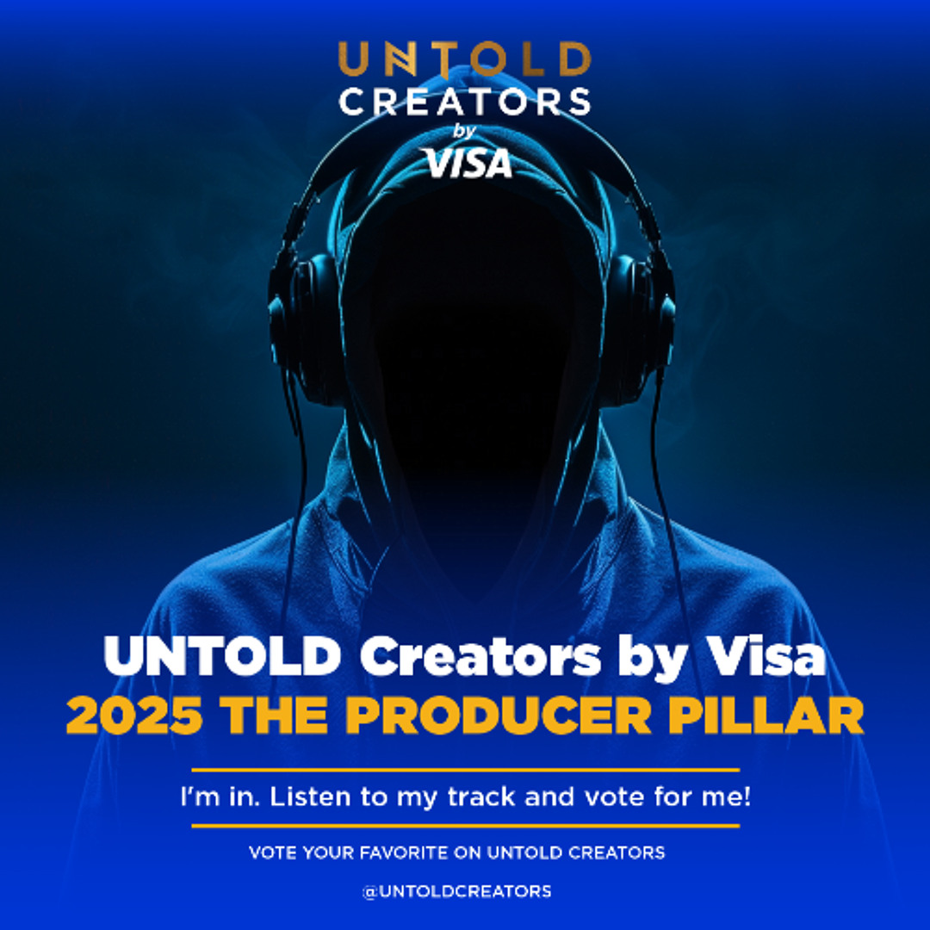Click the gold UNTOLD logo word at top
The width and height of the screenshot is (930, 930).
click(465, 59)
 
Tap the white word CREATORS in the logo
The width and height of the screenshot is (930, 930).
click(465, 101)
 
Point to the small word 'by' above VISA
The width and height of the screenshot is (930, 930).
click(464, 131)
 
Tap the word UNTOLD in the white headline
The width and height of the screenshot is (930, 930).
click(222, 657)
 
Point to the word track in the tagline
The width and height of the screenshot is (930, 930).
click(483, 797)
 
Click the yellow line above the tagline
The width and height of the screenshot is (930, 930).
click(465, 769)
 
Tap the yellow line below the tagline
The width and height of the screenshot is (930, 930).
click(465, 825)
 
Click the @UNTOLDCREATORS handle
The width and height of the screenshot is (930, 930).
click(456, 891)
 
